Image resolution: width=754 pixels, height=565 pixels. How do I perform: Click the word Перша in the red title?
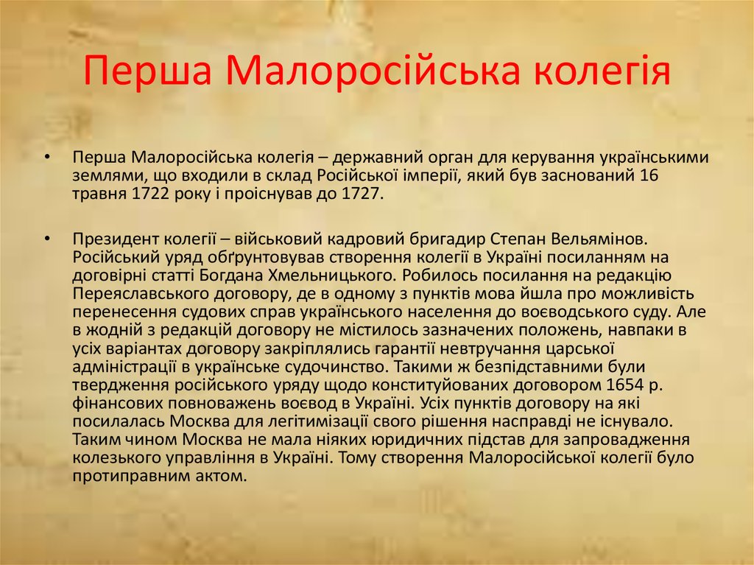tap(147, 71)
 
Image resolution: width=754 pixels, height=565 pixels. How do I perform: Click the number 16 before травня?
tap(649, 175)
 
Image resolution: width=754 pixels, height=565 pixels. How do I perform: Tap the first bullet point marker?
tap(47, 158)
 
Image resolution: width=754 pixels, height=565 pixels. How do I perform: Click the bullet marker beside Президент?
tap(47, 239)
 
